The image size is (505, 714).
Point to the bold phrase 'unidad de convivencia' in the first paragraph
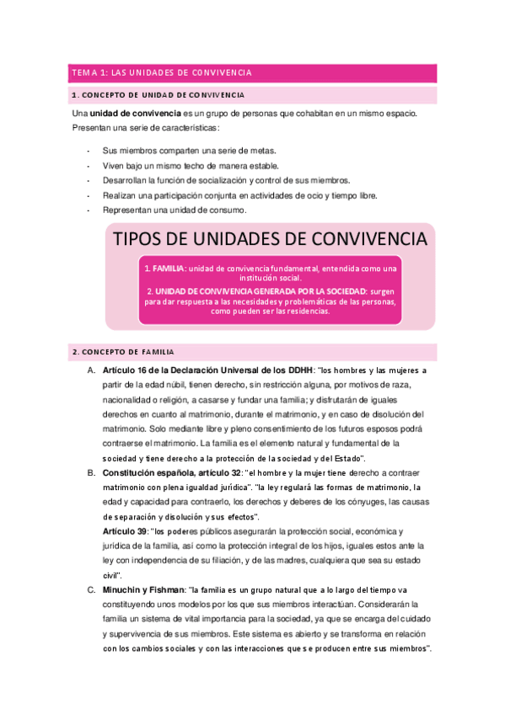[136, 113]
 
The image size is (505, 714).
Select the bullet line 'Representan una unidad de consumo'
[175, 210]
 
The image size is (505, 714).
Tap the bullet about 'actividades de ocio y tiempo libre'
[240, 195]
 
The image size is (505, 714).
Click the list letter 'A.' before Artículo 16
[91, 370]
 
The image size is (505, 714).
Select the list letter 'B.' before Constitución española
[91, 474]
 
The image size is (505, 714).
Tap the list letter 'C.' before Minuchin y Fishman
[91, 591]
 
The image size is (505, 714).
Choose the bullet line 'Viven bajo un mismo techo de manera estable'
[190, 165]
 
